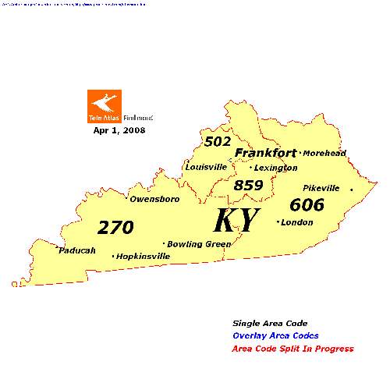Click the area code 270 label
[x=115, y=228]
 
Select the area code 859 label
[x=249, y=186]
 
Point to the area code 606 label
[x=307, y=205]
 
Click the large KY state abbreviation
[x=236, y=221]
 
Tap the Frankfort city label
[x=266, y=153]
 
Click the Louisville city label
[x=206, y=167]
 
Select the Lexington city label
[x=275, y=168]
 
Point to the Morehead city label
[x=324, y=153]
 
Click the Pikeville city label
[x=321, y=188]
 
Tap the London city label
[x=296, y=222]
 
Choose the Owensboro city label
[x=154, y=199]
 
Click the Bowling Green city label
[x=199, y=243]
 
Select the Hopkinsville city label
[x=143, y=256]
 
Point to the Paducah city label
[x=77, y=250]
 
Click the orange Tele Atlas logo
[x=105, y=106]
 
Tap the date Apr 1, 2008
[x=119, y=130]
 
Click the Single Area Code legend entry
[x=270, y=323]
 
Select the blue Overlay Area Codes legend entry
[x=276, y=335]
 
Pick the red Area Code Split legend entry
[x=293, y=349]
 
